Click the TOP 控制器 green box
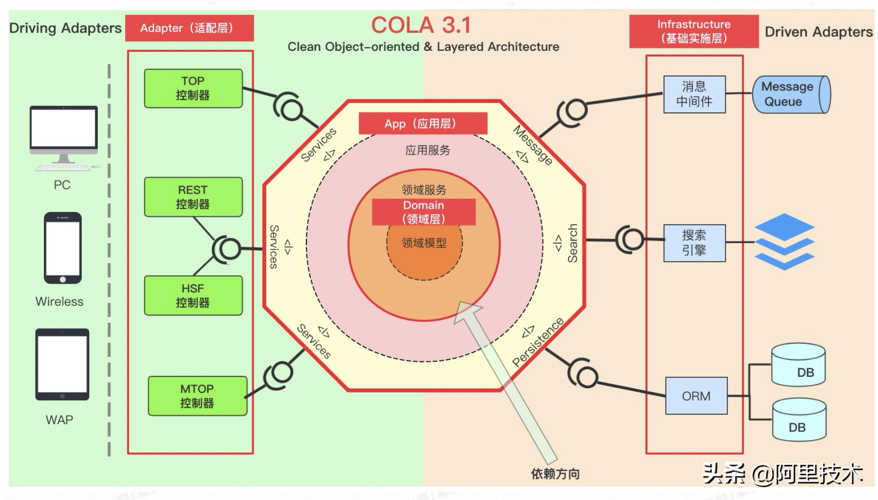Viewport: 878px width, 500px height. (193, 88)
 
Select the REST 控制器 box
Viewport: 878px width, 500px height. (193, 197)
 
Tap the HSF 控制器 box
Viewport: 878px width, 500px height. (193, 296)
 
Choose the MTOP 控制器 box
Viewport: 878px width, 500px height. (197, 396)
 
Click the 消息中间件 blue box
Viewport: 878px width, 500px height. (694, 94)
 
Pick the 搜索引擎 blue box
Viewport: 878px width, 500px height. (694, 243)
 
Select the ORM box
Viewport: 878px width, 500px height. (696, 396)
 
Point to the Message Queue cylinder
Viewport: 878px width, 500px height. (791, 94)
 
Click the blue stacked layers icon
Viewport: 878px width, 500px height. (784, 241)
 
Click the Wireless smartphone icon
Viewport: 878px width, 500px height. (63, 248)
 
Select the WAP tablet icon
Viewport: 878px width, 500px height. (62, 365)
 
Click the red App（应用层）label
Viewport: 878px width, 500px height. (422, 124)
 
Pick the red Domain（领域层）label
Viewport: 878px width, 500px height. (423, 212)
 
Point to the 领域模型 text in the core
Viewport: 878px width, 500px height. (424, 243)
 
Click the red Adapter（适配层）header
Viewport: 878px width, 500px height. (189, 28)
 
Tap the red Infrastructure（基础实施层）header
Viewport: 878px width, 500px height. (694, 32)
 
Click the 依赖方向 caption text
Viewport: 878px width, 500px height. (555, 474)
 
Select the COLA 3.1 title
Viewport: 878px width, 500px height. (421, 25)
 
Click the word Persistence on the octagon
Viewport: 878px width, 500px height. (538, 342)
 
